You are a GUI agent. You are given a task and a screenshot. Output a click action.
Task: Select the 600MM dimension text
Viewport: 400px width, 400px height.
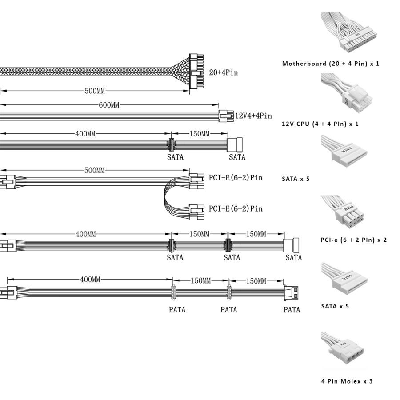pyautogui.click(x=109, y=105)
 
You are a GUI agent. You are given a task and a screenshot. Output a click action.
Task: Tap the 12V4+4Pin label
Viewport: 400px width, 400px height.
pyautogui.click(x=253, y=116)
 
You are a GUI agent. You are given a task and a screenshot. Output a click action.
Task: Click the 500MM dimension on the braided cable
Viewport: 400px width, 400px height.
pyautogui.click(x=95, y=91)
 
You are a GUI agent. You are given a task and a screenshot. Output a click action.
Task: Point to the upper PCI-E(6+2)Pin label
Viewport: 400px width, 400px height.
pyautogui.click(x=236, y=178)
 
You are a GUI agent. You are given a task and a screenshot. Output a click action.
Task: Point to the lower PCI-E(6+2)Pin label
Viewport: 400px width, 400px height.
pyautogui.click(x=236, y=208)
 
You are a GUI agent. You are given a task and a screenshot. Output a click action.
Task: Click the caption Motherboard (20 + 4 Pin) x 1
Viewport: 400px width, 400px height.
pyautogui.click(x=331, y=64)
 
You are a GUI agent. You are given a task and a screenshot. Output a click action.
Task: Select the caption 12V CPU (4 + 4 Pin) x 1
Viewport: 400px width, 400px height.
pyautogui.click(x=320, y=124)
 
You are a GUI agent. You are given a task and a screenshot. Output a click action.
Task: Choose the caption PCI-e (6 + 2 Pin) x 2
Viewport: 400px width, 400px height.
pyautogui.click(x=354, y=240)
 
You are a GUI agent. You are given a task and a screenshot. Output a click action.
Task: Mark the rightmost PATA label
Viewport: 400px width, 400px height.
pyautogui.click(x=292, y=310)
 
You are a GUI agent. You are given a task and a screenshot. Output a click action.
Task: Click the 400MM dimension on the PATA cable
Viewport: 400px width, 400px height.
pyautogui.click(x=90, y=280)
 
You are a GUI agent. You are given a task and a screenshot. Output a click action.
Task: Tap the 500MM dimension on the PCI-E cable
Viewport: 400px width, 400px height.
pyautogui.click(x=95, y=170)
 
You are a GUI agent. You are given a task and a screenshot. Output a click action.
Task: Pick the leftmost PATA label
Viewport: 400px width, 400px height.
pyautogui.click(x=177, y=310)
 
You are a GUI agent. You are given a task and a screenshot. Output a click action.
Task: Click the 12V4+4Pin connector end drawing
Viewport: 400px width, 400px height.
pyautogui.click(x=224, y=116)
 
